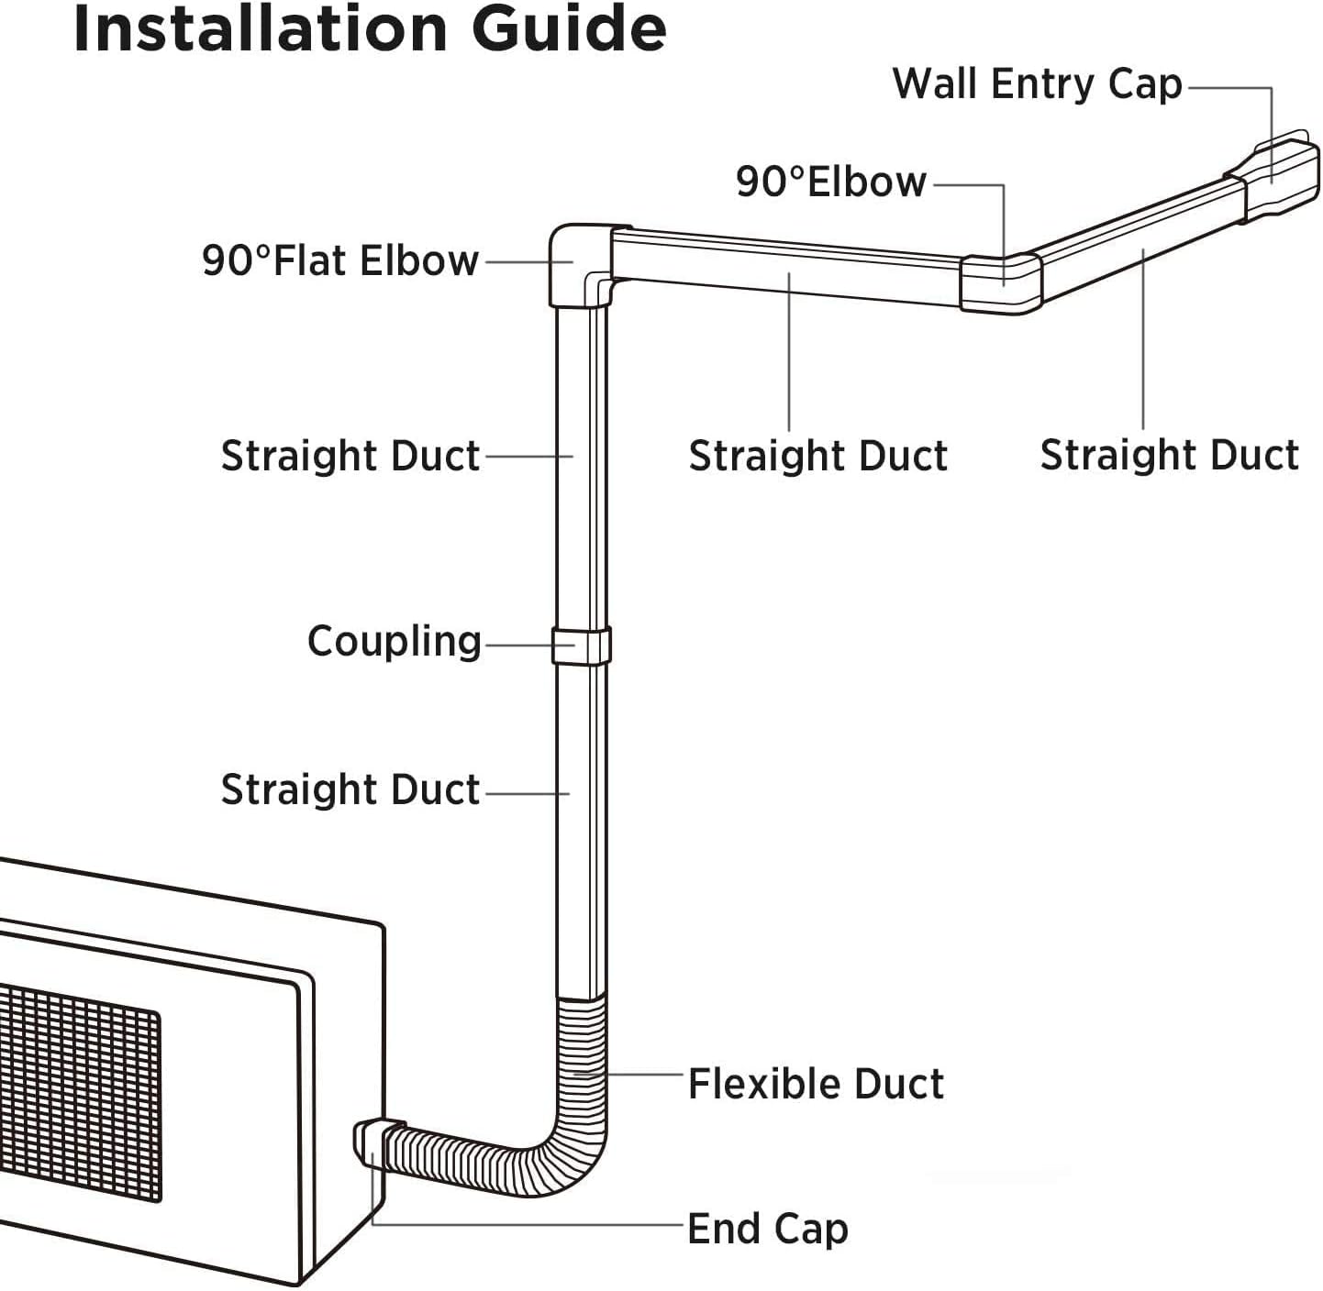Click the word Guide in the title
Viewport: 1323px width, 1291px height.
[x=568, y=28]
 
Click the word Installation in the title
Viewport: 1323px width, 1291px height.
[x=261, y=28]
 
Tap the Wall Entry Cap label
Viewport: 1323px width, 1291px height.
[x=1038, y=84]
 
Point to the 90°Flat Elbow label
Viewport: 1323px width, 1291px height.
[x=340, y=260]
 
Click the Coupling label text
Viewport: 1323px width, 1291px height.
[x=395, y=642]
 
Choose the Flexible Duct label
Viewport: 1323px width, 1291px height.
[x=816, y=1084]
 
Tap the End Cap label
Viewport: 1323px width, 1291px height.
[x=768, y=1230]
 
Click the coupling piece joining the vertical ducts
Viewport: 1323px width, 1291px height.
[x=581, y=645]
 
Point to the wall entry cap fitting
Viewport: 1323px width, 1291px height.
[x=1273, y=177]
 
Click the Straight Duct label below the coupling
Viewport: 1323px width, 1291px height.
[x=350, y=789]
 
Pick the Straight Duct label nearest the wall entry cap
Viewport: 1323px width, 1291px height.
[x=1170, y=455]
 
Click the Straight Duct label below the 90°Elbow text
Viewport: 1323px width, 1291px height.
[x=817, y=455]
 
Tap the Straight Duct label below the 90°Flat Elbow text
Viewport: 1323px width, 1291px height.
[x=350, y=456]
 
